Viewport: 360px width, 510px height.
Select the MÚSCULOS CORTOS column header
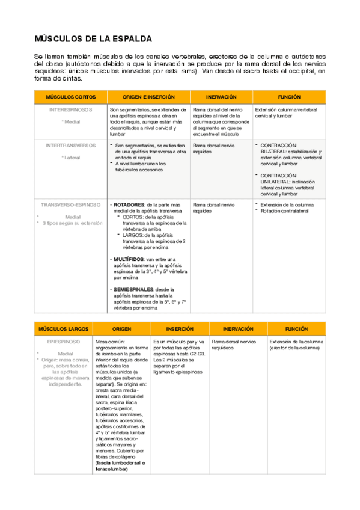pyautogui.click(x=71, y=97)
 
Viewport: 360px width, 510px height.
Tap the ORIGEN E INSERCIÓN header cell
pyautogui.click(x=148, y=97)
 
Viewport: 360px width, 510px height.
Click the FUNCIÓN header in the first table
pyautogui.click(x=289, y=97)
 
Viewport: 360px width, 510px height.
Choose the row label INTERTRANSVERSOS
pyautogui.click(x=71, y=146)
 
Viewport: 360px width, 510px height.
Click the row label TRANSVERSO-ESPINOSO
pyautogui.click(x=71, y=204)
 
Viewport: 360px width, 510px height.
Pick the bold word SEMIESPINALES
pyautogui.click(x=132, y=290)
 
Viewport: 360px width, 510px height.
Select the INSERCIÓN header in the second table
pyautogui.click(x=179, y=330)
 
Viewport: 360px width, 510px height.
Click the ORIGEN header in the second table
pyautogui.click(x=122, y=330)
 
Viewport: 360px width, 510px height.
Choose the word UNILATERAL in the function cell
pyautogui.click(x=277, y=182)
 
